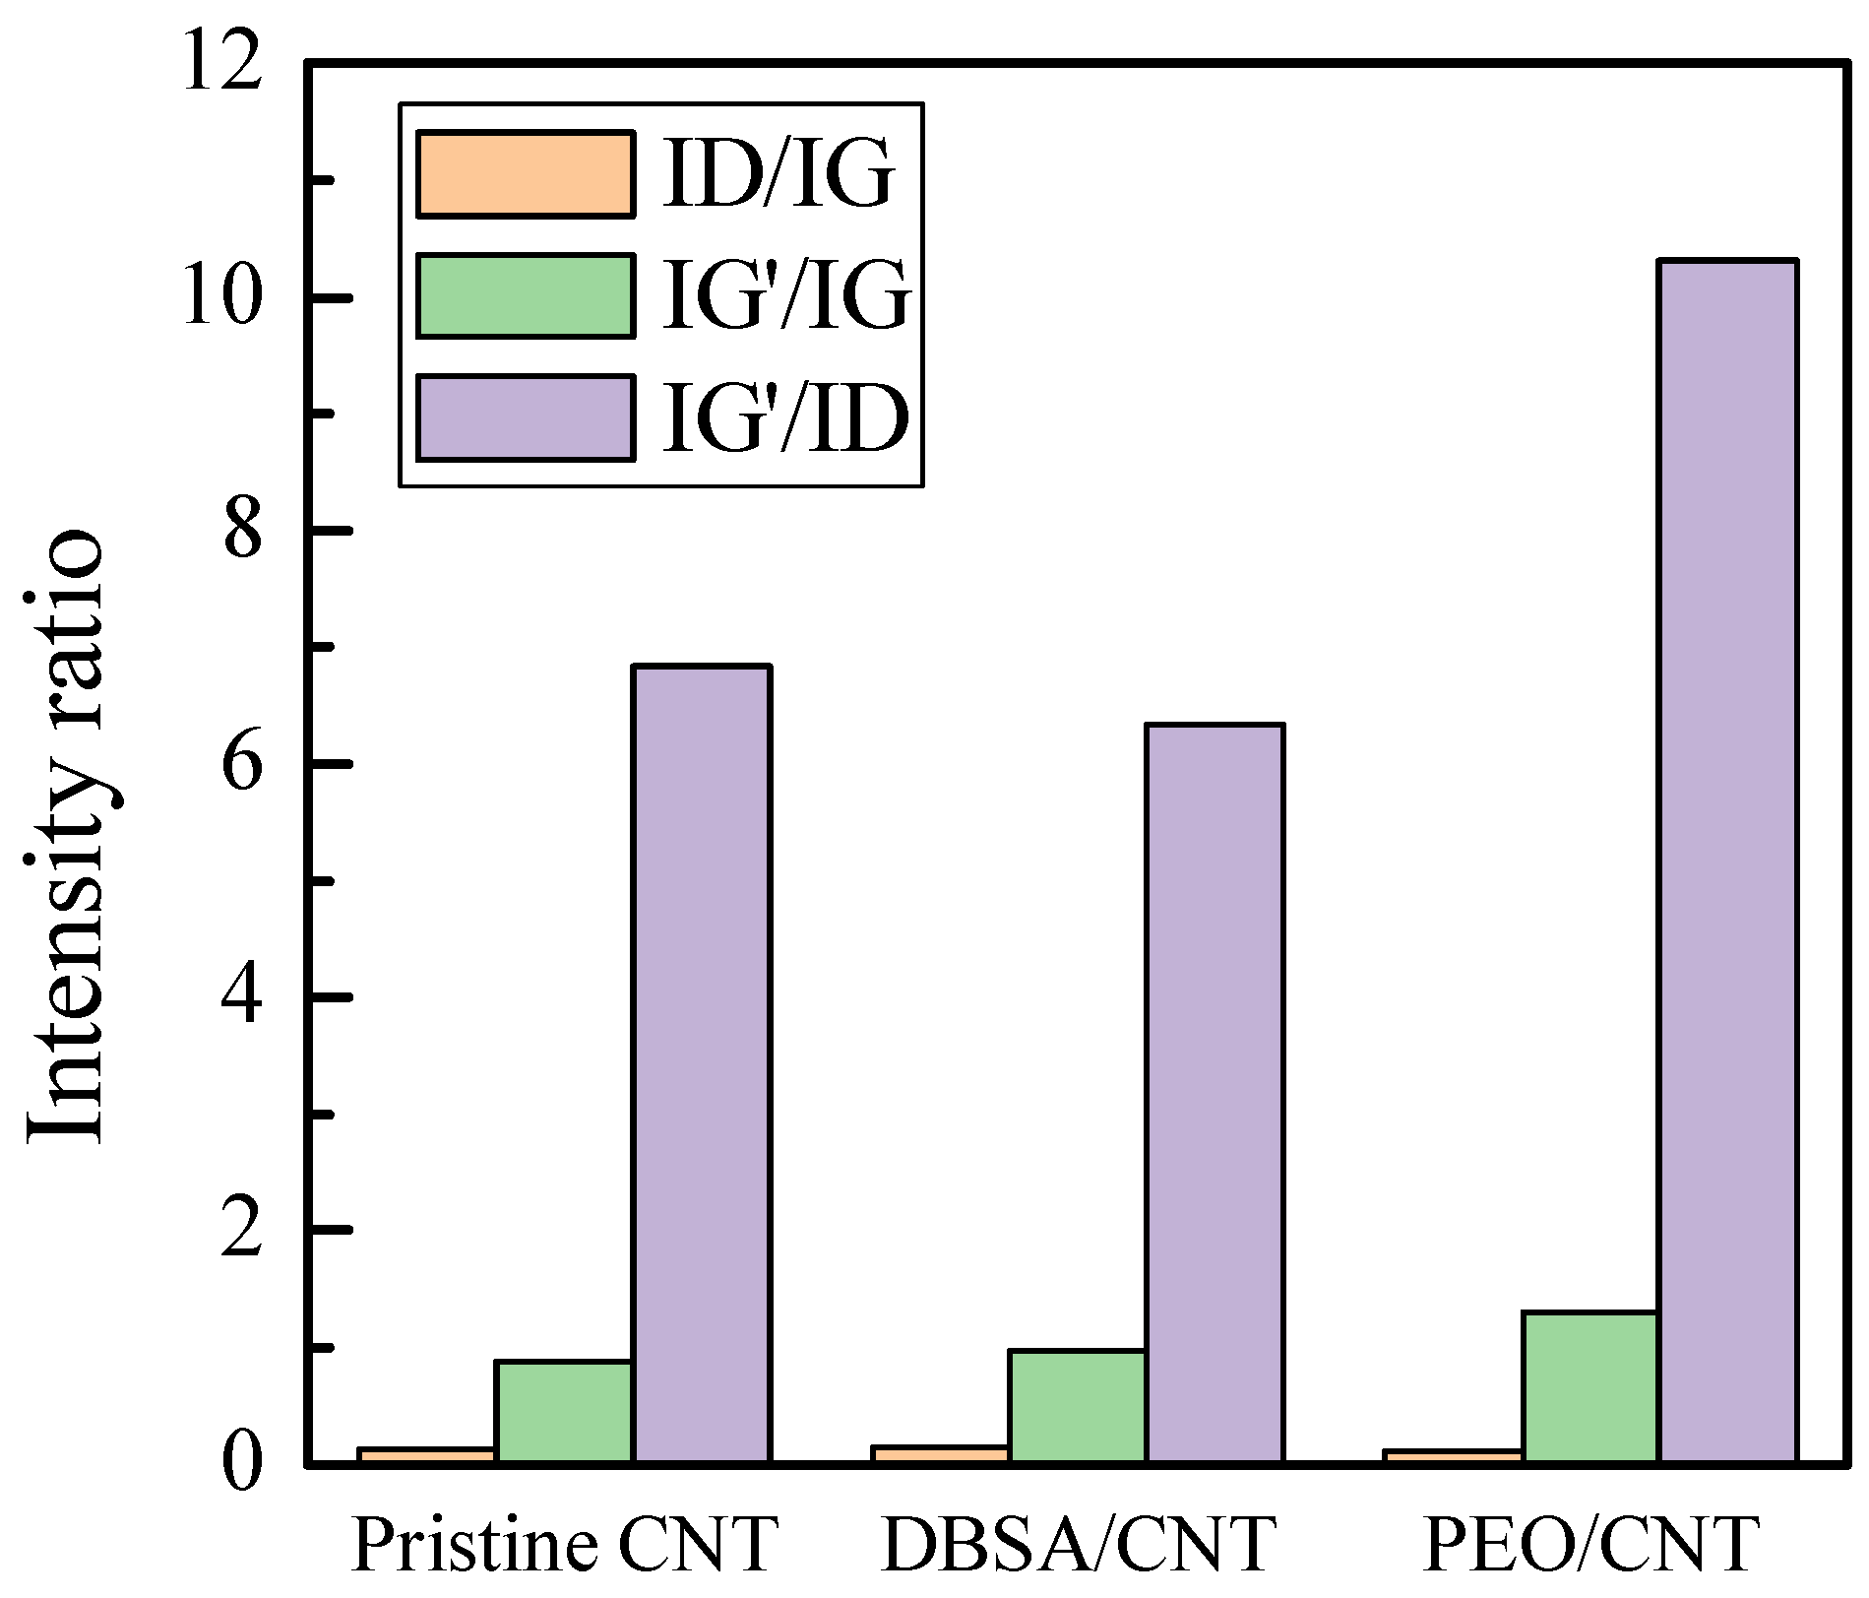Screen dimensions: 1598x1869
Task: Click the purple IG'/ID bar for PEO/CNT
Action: (1728, 862)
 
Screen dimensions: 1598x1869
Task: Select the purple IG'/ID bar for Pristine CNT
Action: (701, 1063)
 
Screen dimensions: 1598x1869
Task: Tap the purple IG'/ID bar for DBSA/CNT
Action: (1215, 1093)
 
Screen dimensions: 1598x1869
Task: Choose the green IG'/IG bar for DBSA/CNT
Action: (1078, 1406)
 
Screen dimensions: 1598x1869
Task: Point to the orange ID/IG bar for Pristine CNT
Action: (427, 1454)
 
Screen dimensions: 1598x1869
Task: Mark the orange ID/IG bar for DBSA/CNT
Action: (941, 1453)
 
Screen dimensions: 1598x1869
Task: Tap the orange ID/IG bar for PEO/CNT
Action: (1455, 1455)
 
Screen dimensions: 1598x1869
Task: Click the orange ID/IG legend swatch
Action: (525, 174)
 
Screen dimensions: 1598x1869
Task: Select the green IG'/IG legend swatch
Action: (525, 295)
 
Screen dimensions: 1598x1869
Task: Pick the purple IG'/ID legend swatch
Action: (525, 417)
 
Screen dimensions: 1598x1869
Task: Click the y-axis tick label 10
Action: (223, 297)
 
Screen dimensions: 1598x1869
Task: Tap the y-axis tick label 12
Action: (223, 65)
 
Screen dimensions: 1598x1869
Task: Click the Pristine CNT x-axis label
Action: (565, 1545)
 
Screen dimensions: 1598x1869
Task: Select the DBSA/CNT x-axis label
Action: (1079, 1545)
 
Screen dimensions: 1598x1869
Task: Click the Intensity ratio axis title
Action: (65, 837)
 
